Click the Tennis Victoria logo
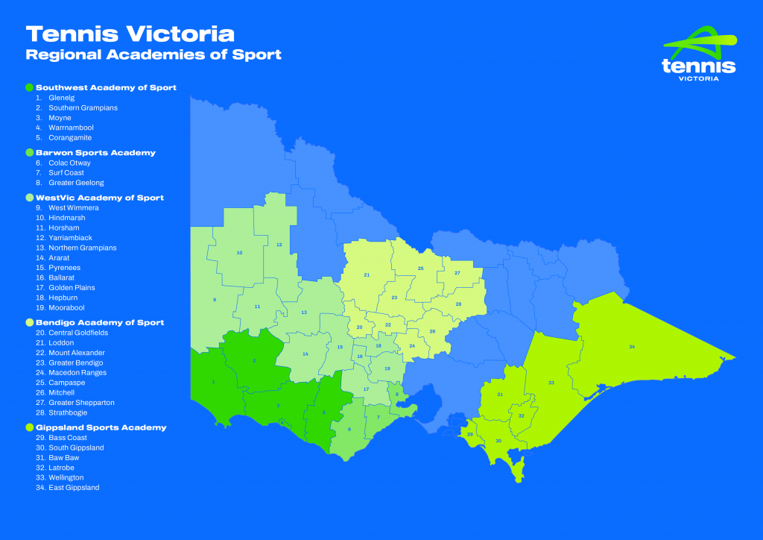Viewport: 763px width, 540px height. [x=698, y=55]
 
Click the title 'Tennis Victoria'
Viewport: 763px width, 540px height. [x=130, y=34]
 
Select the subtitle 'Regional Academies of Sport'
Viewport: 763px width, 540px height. [x=153, y=55]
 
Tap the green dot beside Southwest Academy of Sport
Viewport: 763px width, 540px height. [x=30, y=87]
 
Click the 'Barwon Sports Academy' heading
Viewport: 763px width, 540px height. [x=95, y=152]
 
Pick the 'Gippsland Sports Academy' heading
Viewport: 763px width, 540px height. [x=101, y=427]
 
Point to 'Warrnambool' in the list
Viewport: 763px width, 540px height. [x=71, y=128]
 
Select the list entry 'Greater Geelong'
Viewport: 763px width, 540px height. [x=76, y=183]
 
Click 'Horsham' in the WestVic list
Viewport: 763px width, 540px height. [x=63, y=227]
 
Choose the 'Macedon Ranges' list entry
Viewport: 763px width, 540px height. [x=77, y=372]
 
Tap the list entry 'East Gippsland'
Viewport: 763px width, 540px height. [x=74, y=487]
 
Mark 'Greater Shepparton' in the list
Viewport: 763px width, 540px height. [x=81, y=402]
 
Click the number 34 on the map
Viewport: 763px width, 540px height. [x=632, y=347]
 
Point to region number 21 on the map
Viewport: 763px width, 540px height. [x=367, y=275]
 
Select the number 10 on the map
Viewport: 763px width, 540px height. [x=239, y=253]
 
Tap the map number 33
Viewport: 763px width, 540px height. [x=551, y=383]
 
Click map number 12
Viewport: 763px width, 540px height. [x=279, y=245]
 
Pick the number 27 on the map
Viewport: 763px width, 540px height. [x=457, y=273]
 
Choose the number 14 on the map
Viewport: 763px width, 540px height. [x=305, y=354]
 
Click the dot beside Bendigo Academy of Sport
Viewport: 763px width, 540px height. [x=30, y=322]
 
